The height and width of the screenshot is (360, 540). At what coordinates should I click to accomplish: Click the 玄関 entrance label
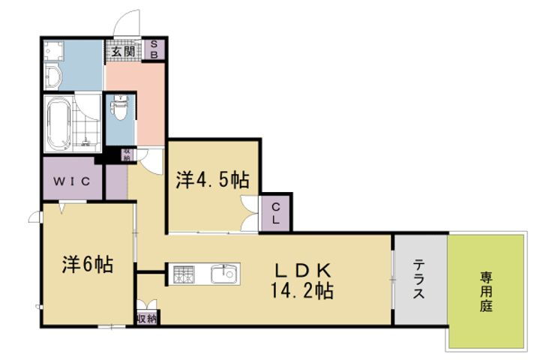[x=124, y=52]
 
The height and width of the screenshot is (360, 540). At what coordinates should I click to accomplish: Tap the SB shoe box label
[x=155, y=49]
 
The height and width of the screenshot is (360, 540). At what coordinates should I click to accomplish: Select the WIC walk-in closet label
[x=72, y=181]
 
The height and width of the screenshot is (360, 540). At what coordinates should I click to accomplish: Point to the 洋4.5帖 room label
[x=212, y=180]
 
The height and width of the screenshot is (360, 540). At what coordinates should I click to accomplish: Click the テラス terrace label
[x=418, y=279]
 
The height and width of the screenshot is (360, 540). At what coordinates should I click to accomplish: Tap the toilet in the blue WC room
[x=118, y=111]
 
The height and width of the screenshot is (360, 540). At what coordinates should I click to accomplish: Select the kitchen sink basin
[x=223, y=274]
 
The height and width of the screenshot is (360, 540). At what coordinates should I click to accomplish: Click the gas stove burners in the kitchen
[x=184, y=274]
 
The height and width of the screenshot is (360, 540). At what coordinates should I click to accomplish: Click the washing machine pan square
[x=53, y=50]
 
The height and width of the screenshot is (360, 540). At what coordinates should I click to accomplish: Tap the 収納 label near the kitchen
[x=147, y=319]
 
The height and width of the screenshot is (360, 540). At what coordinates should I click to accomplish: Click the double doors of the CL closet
[x=250, y=214]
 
